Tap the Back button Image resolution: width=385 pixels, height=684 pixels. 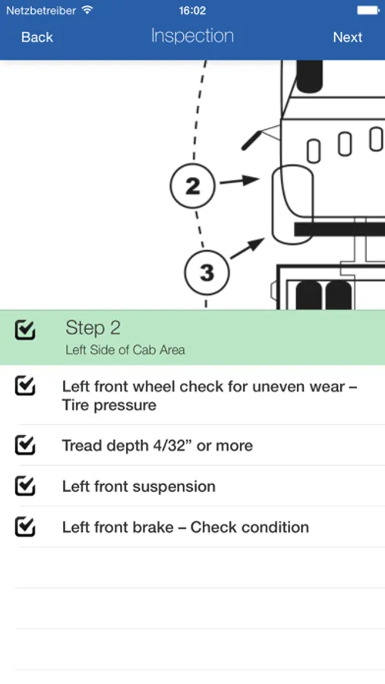click(37, 37)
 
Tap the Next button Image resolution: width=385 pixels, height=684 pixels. click(348, 37)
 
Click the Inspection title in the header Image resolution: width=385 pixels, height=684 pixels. click(192, 36)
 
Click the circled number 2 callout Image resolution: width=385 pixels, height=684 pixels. click(192, 185)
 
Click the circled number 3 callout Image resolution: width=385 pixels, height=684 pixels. click(207, 272)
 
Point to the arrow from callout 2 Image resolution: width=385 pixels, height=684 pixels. click(239, 181)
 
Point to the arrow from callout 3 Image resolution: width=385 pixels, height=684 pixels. click(248, 249)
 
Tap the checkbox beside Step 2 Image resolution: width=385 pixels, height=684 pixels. click(25, 330)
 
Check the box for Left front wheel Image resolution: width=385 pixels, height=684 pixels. click(25, 386)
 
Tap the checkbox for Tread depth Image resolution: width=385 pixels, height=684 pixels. click(25, 445)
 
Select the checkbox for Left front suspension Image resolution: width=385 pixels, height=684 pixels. click(25, 486)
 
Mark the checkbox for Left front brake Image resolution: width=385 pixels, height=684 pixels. click(25, 527)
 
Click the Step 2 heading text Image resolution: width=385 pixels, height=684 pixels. click(93, 328)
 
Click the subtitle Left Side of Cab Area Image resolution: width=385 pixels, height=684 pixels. click(125, 350)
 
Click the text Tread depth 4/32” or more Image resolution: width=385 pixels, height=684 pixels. click(157, 445)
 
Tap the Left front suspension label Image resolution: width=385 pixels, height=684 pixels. click(139, 486)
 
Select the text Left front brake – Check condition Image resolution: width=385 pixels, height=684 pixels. click(185, 527)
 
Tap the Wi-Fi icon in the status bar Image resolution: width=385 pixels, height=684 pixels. click(87, 10)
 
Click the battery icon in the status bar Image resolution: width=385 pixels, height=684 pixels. click(368, 10)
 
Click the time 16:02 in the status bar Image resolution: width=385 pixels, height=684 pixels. click(192, 11)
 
